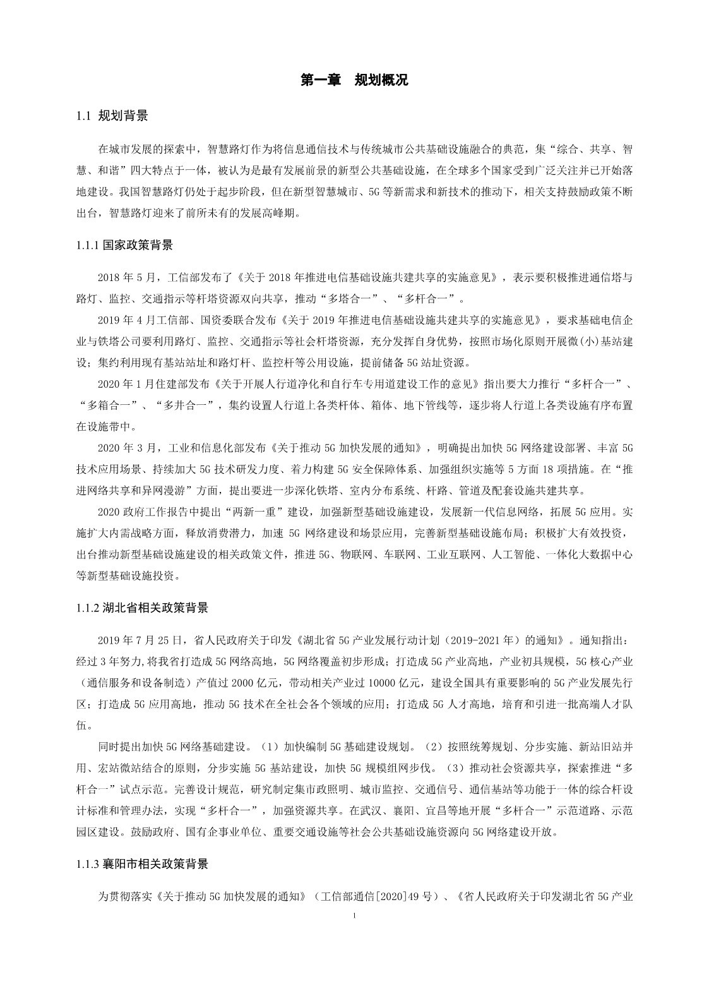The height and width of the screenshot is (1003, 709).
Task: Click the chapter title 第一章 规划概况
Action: [354, 80]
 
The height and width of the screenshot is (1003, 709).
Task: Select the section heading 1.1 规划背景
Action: [112, 116]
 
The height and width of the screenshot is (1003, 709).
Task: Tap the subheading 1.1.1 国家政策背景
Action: [124, 245]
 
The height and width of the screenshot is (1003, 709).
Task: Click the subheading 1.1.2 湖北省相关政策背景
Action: [142, 608]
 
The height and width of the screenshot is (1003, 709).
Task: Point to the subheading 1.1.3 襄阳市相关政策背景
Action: [142, 864]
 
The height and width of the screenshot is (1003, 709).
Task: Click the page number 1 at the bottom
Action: [355, 915]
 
